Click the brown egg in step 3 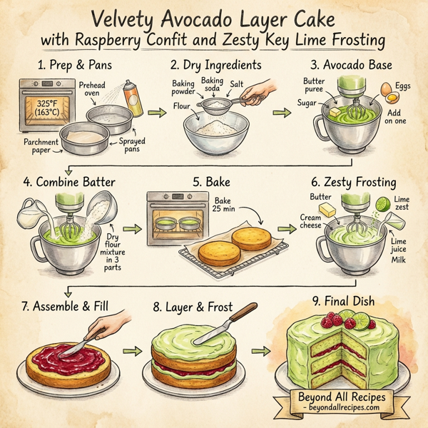(387, 91)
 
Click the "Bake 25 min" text (221, 207)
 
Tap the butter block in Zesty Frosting (327, 210)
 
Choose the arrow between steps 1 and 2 (156, 113)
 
